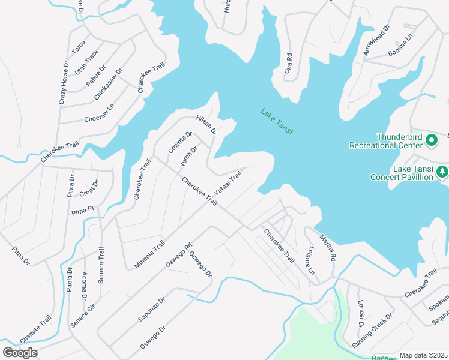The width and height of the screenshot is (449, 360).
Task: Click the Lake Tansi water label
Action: pos(276,121)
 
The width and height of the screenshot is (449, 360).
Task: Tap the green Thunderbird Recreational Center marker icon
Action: pos(431,140)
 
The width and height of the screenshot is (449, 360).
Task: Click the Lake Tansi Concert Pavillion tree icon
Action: pos(442,172)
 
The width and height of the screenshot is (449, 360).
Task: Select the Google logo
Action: pos(20,352)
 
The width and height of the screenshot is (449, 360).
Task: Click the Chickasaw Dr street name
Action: pos(108,84)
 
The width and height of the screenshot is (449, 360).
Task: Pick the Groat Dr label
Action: pos(89,188)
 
